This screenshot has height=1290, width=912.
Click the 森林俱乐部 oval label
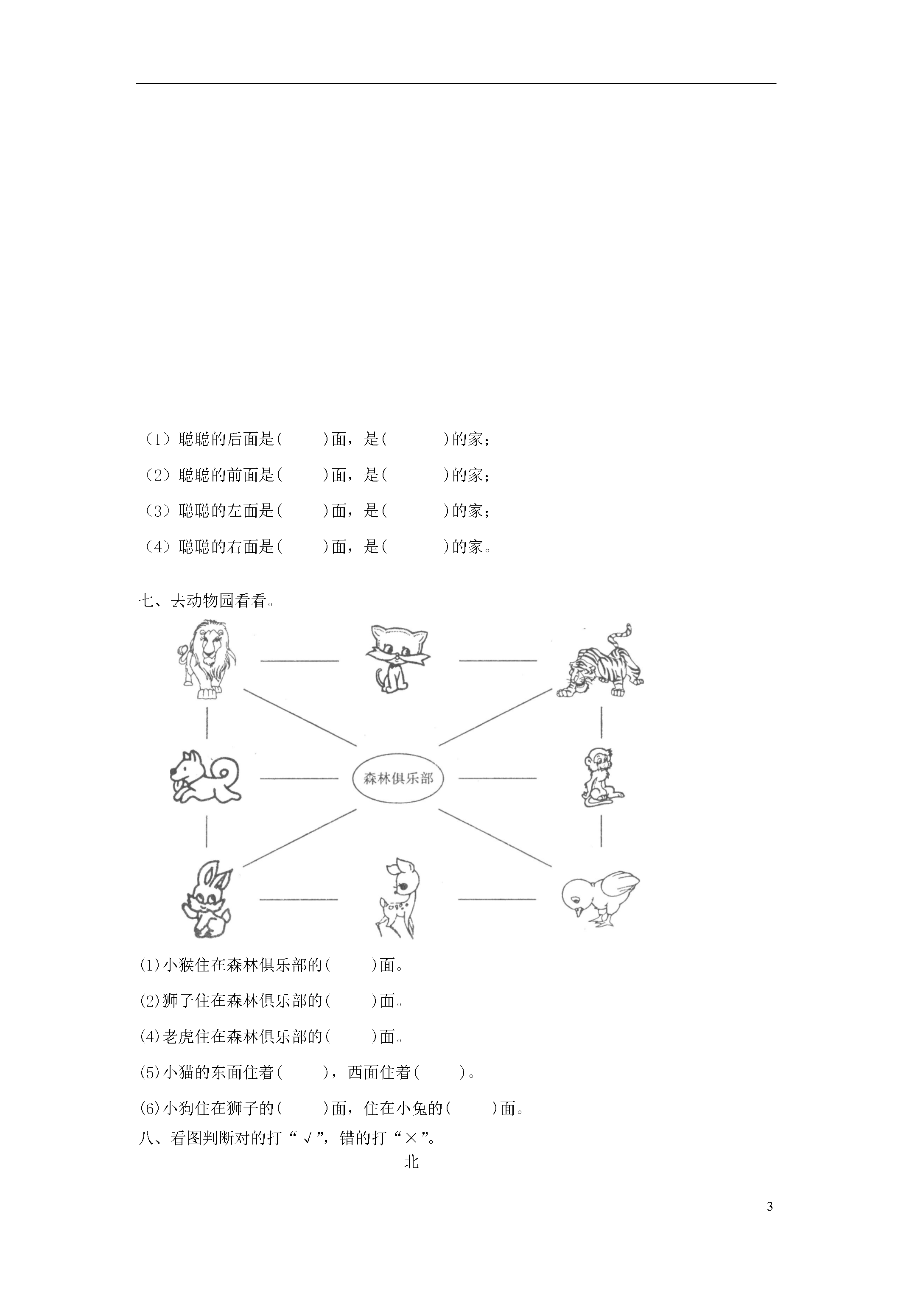pyautogui.click(x=398, y=779)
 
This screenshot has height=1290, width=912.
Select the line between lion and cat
pyautogui.click(x=299, y=661)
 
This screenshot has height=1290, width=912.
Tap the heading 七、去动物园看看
pyautogui.click(x=207, y=601)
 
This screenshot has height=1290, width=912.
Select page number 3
pyautogui.click(x=769, y=1206)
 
